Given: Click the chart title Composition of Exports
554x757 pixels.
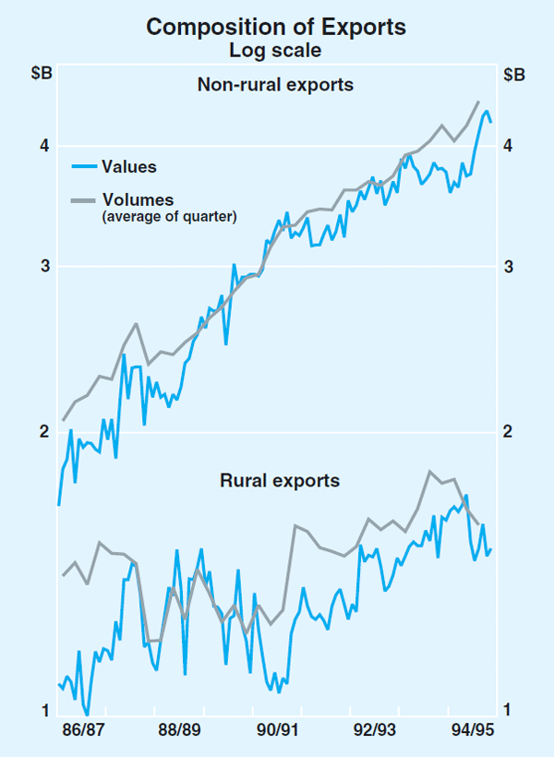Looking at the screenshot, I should pyautogui.click(x=276, y=28).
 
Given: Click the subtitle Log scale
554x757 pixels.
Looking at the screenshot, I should pyautogui.click(x=276, y=50).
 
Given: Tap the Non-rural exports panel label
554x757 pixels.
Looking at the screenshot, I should pyautogui.click(x=276, y=85).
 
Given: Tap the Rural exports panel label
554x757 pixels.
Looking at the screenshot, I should pyautogui.click(x=280, y=480).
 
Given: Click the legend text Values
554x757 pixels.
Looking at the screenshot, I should pyautogui.click(x=129, y=167).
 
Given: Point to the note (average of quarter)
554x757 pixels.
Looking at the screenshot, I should pyautogui.click(x=169, y=217).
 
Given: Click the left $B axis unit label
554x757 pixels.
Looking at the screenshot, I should pyautogui.click(x=42, y=76).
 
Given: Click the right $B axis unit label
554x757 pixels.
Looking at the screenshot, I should pyautogui.click(x=514, y=76).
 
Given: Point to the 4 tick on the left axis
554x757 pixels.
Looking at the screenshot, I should pyautogui.click(x=42, y=145).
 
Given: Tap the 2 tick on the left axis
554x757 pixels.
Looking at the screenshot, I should pyautogui.click(x=42, y=431).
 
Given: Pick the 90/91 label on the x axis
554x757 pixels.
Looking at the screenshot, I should pyautogui.click(x=274, y=730).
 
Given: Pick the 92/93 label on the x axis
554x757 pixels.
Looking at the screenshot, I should pyautogui.click(x=373, y=730).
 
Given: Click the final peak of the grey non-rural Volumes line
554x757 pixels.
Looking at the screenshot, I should pyautogui.click(x=478, y=102).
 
